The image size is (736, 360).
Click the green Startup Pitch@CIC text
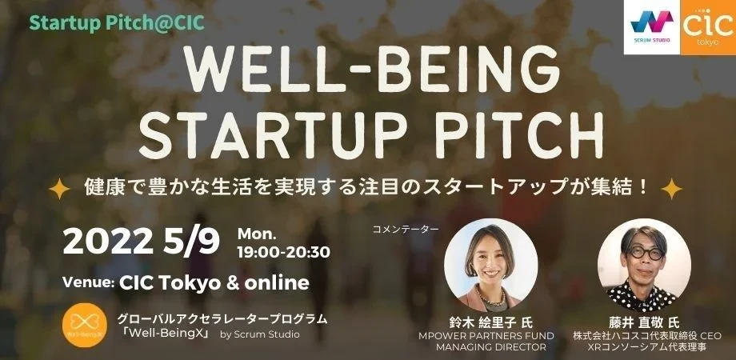click(117, 23)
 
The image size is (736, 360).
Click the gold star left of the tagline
click(59, 189)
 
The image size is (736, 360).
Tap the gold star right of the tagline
click(671, 189)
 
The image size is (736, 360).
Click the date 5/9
click(192, 243)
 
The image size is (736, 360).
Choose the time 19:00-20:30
click(283, 253)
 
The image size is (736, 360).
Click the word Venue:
click(88, 283)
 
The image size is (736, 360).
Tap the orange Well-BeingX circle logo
click(85, 326)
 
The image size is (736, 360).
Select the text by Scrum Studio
click(259, 334)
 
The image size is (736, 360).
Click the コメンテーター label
click(406, 230)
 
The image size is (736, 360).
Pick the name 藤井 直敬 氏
click(644, 323)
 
